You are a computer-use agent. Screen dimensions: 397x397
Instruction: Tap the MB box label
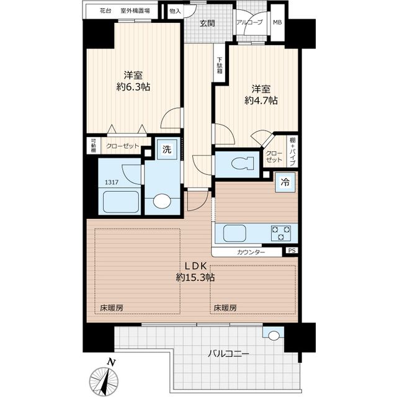pos(277,23)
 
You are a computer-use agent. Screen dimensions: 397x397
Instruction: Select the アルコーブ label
pos(249,23)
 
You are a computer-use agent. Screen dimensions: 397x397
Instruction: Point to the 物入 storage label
pos(175,11)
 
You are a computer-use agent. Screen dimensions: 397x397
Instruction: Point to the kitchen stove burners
pos(281,233)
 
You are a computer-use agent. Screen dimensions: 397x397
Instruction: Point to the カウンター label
pos(251,252)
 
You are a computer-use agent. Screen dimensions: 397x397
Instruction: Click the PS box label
pos(292,251)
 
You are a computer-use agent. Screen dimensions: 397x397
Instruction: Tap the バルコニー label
pos(229,354)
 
